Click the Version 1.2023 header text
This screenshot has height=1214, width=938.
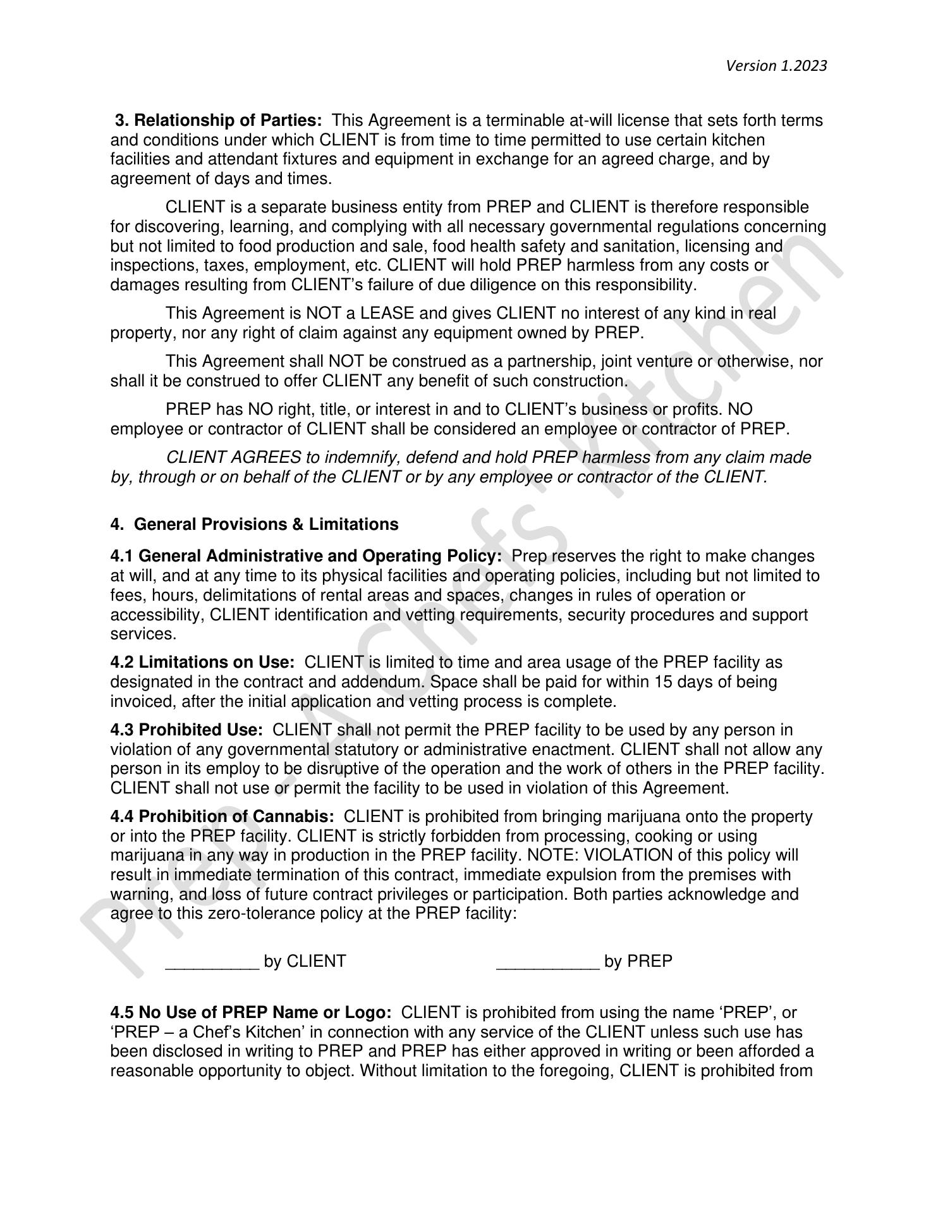[776, 66]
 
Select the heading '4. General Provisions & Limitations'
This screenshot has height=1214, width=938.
[254, 524]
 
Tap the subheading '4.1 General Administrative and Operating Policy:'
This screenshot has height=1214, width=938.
[306, 556]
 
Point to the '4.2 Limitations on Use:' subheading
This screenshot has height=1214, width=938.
[202, 662]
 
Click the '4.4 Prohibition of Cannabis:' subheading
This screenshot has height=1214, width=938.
[222, 816]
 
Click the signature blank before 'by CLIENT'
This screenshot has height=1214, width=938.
[212, 961]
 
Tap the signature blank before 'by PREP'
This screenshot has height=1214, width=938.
[547, 961]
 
